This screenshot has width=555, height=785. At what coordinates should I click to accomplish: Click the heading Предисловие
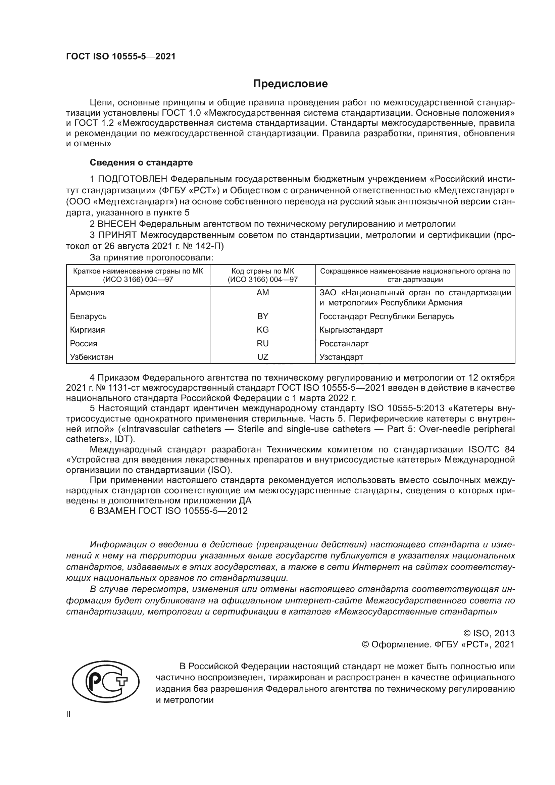[290, 84]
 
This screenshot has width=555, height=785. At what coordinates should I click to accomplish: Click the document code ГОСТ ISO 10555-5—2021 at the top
[121, 57]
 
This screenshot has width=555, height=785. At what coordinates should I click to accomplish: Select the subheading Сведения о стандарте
[141, 162]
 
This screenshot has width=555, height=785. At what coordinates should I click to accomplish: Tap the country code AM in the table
[262, 293]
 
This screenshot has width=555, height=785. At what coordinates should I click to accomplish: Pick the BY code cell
[262, 316]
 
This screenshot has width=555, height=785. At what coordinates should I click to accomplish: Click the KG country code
[262, 330]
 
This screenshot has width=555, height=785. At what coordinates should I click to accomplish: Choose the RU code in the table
[262, 344]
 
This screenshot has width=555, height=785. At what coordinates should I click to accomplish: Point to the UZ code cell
[262, 357]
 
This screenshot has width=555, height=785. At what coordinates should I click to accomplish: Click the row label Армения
[87, 293]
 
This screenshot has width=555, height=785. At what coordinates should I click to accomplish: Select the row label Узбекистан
[92, 357]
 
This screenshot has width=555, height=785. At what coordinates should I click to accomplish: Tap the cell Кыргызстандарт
[351, 330]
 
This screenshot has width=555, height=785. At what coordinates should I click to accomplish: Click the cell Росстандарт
[344, 344]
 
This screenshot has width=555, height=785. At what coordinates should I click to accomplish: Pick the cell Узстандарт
[341, 357]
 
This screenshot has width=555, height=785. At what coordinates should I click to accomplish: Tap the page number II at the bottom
[68, 714]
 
